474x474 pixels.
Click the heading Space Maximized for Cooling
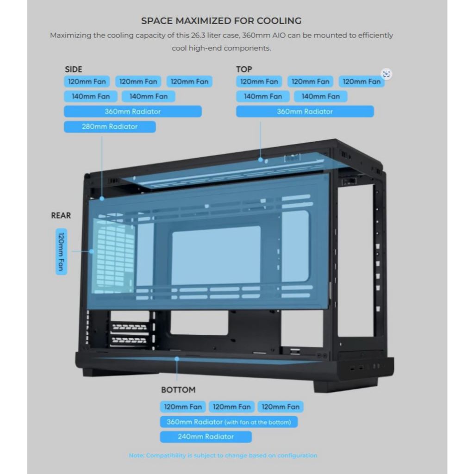pos(221,21)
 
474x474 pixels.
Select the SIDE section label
pos(74,69)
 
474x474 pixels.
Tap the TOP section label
pos(244,69)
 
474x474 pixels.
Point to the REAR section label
pos(61,215)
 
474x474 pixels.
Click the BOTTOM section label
pos(178,390)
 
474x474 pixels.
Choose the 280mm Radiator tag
pos(110,127)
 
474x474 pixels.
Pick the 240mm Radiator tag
pos(206,437)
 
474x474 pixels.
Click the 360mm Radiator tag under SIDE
pos(133,111)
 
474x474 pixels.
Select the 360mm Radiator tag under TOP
pos(305,111)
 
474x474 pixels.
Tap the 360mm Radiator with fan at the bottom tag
pos(229,422)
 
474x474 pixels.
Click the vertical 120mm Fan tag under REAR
pos(62,251)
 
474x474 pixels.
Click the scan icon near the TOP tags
pos(386,74)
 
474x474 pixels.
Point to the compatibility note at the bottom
pos(223,455)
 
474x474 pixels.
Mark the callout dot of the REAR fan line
pos(92,251)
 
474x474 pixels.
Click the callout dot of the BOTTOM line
pos(177,359)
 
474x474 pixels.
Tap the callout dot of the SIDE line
pos(102,199)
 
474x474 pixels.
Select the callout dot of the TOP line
pos(261,160)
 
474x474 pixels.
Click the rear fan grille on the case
pos(114,256)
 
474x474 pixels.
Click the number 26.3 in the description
pos(198,35)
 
